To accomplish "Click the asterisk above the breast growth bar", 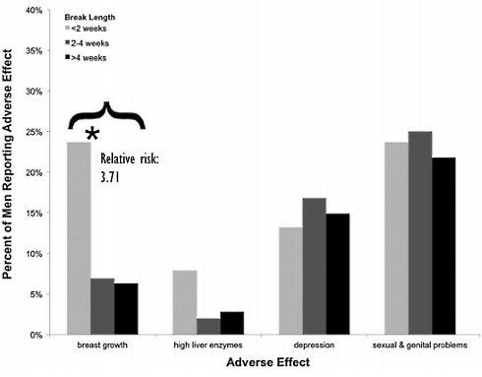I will tap(92, 134).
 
